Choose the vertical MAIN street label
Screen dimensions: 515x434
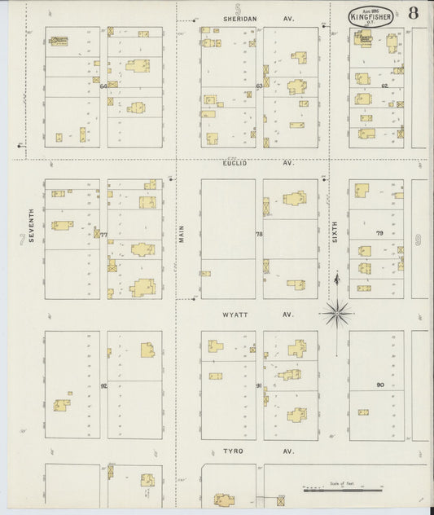point(182,234)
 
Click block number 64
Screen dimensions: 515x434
point(103,85)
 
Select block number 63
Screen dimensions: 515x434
point(259,85)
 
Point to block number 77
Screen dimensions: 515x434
point(103,235)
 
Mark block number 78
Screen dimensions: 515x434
point(259,235)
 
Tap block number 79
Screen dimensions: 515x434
point(379,234)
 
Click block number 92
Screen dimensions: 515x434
point(103,385)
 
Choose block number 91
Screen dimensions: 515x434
point(259,385)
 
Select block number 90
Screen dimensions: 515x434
point(379,385)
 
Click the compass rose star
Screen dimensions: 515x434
point(337,311)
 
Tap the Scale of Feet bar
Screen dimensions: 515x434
point(342,490)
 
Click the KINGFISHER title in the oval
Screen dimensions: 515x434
point(373,15)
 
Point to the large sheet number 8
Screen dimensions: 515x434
point(414,13)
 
